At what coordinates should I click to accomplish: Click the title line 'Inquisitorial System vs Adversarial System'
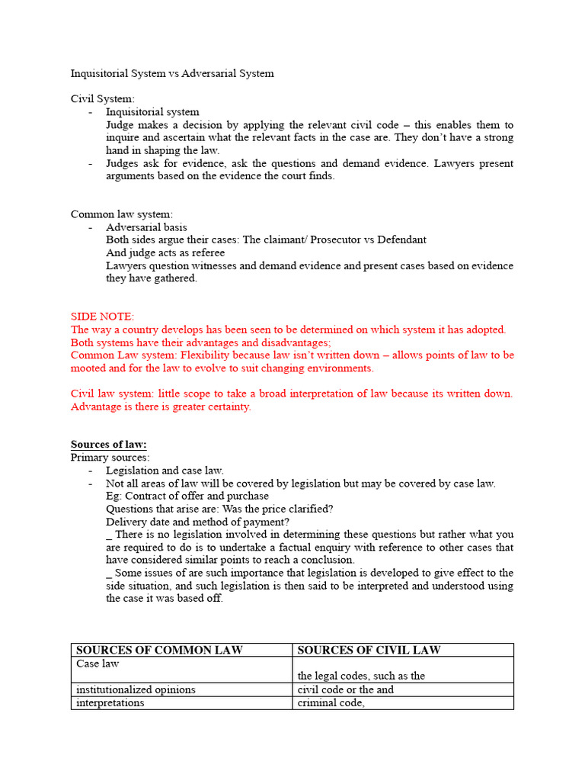[172, 74]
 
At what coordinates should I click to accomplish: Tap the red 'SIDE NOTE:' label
[102, 316]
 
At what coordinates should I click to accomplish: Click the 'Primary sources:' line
[110, 458]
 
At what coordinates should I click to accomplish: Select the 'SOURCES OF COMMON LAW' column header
[159, 651]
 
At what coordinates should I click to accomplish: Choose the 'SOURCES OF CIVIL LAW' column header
[369, 651]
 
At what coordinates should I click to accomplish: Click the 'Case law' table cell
[97, 664]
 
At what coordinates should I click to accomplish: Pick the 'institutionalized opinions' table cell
[136, 689]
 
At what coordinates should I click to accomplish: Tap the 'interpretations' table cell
[110, 702]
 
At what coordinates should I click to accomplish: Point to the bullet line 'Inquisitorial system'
[152, 111]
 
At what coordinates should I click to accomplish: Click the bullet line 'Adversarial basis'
[146, 227]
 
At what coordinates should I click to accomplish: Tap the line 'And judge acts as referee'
[165, 252]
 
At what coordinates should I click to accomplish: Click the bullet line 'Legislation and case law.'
[165, 471]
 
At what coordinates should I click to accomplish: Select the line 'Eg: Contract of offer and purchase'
[187, 496]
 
